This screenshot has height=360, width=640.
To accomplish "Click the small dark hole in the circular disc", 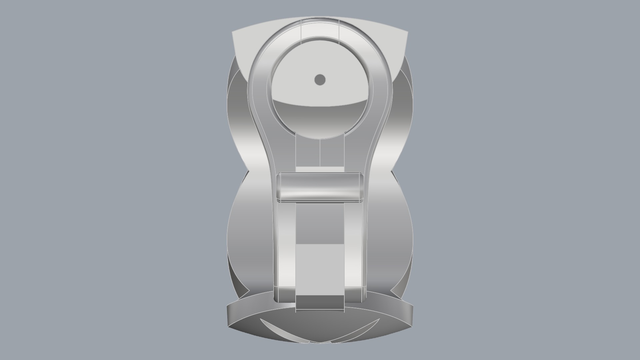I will click(320, 80).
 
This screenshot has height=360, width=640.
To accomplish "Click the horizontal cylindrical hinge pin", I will click(320, 187).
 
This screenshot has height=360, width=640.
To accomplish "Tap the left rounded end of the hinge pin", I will click(279, 187).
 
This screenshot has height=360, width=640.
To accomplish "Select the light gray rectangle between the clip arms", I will click(320, 269).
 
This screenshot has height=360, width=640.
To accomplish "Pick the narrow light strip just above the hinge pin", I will click(320, 170).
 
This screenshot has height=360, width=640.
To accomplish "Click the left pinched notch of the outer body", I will click(248, 172).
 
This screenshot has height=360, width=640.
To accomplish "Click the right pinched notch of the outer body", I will click(392, 172).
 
